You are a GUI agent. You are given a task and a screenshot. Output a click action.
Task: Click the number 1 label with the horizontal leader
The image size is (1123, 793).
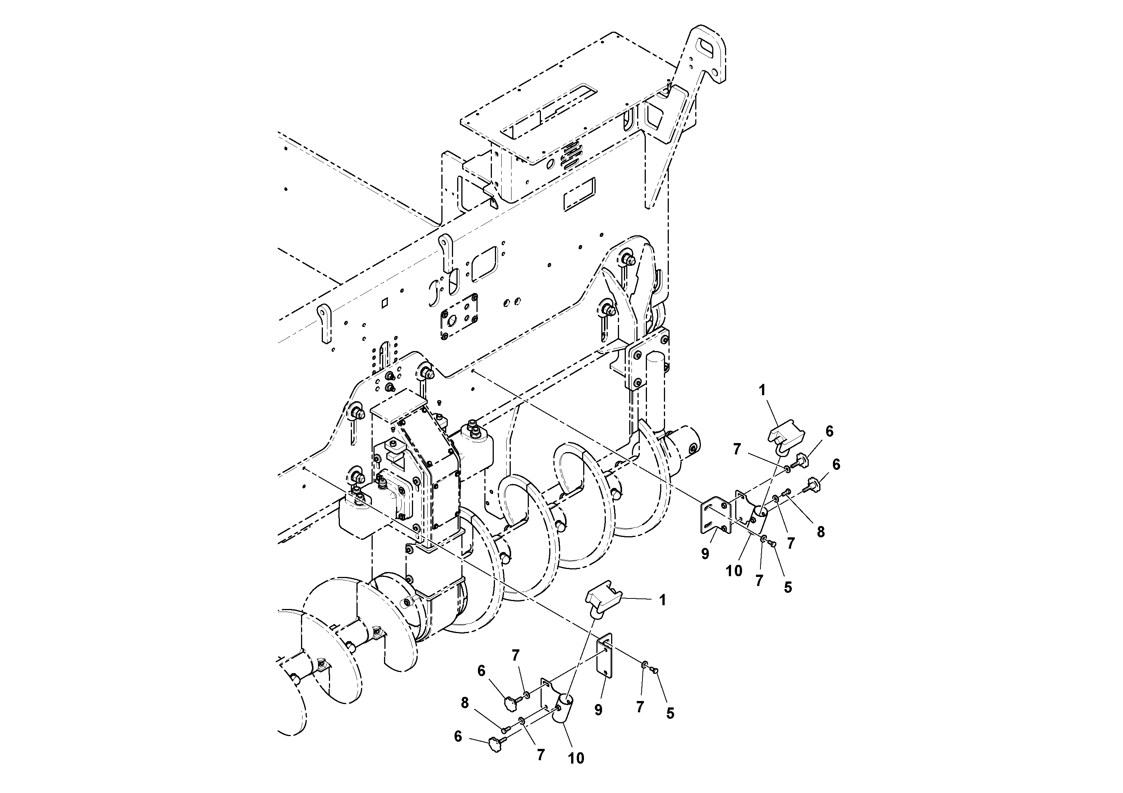coord(663,600)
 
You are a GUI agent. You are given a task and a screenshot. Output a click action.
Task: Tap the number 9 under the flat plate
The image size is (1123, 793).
coord(598,710)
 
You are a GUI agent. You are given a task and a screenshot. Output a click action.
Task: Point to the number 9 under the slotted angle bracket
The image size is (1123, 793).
coord(705,554)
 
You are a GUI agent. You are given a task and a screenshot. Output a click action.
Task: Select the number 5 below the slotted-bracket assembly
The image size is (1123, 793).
coord(788,587)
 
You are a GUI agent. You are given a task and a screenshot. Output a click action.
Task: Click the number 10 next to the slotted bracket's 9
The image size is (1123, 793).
coord(734,571)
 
